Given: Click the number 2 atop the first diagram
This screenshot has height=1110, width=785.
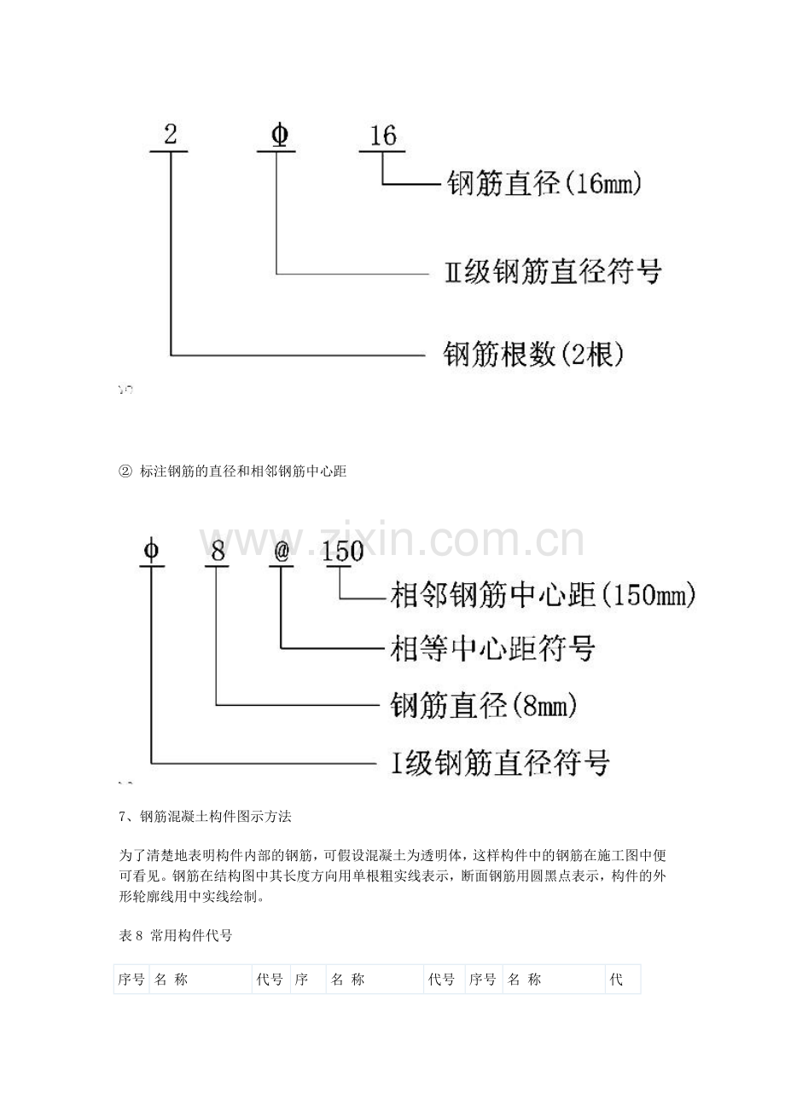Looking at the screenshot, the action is click(x=170, y=134).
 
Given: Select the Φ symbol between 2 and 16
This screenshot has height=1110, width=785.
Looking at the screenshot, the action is click(x=280, y=135).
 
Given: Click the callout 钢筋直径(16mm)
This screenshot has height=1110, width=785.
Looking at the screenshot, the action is click(x=544, y=184).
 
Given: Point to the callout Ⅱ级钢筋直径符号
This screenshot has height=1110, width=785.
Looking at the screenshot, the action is click(x=553, y=272).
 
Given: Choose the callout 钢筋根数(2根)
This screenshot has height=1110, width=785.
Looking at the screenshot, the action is click(x=533, y=355).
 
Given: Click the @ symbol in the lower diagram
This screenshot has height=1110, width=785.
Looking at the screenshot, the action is click(x=282, y=552).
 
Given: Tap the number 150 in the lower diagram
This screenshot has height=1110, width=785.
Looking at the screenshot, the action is click(x=343, y=551).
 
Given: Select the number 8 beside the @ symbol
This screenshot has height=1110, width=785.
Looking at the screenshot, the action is click(x=218, y=552).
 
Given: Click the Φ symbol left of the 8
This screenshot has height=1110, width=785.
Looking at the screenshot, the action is click(x=151, y=551).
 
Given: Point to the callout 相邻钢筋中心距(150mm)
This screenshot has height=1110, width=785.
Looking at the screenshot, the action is click(x=543, y=595).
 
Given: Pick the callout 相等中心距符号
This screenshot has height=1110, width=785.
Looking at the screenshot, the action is click(x=492, y=648).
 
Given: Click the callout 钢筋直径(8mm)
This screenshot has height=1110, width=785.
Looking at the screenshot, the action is click(x=484, y=705).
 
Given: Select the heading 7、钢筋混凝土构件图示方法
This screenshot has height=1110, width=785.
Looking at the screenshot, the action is click(x=205, y=816).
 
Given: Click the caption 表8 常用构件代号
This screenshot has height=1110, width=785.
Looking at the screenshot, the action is click(x=176, y=935).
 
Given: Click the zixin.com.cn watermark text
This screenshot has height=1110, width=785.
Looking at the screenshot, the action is click(x=392, y=541).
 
